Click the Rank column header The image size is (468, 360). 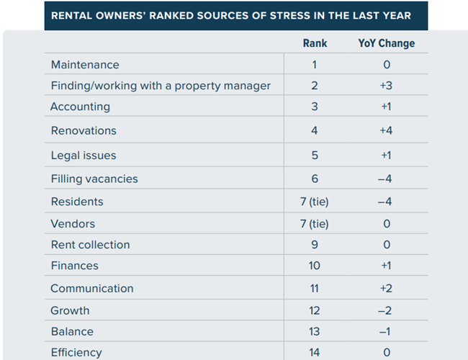[x=315, y=43]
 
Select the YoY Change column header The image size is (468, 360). [x=386, y=43]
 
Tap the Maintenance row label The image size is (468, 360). [x=85, y=65]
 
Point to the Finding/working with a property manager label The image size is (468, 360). [x=161, y=86]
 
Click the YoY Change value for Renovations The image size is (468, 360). [x=386, y=131]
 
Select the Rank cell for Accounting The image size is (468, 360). [x=315, y=107]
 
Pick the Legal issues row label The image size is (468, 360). [x=84, y=156]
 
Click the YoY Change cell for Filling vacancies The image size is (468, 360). [x=386, y=179]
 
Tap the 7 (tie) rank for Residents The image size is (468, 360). [x=315, y=202]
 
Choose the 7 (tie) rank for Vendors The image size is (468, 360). [x=315, y=224]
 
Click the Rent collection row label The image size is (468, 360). [x=91, y=245]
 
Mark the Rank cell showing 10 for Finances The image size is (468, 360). [x=315, y=266]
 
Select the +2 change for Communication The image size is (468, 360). [x=386, y=288]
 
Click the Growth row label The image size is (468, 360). [x=71, y=310]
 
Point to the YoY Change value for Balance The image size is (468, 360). [x=386, y=332]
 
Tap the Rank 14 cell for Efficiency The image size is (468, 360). [x=315, y=353]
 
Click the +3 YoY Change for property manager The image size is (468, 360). [x=386, y=86]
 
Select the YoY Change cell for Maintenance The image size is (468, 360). [x=387, y=65]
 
